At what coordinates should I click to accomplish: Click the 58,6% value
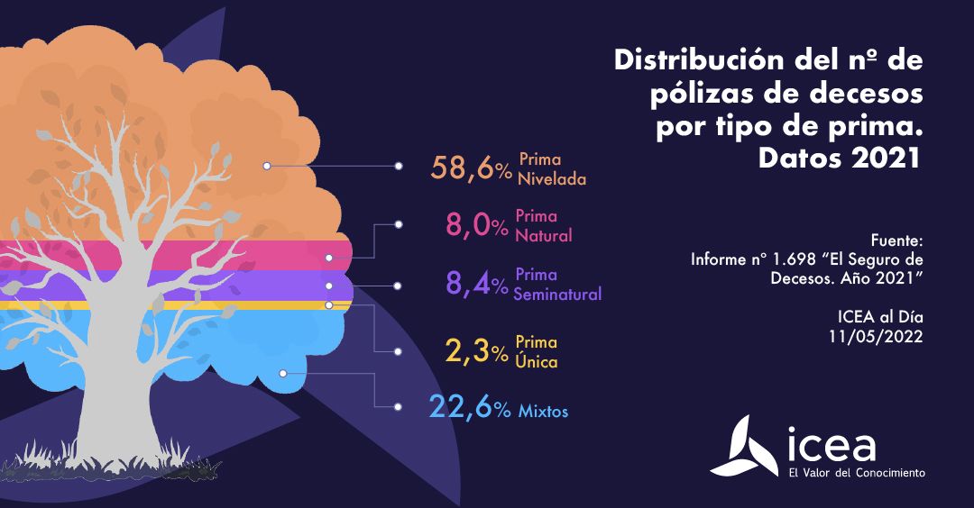click(472, 168)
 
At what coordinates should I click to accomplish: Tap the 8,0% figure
click(477, 225)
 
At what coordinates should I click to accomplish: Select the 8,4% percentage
click(477, 285)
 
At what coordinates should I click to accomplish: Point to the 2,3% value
click(477, 352)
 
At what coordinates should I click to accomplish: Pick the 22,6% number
click(470, 410)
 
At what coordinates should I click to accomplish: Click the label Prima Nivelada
click(552, 168)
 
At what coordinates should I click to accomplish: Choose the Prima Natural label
click(543, 226)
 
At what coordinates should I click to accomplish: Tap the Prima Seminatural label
click(557, 284)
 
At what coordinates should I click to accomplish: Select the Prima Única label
click(536, 352)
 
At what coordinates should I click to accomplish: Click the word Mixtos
click(543, 412)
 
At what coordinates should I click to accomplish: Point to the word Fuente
click(897, 240)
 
